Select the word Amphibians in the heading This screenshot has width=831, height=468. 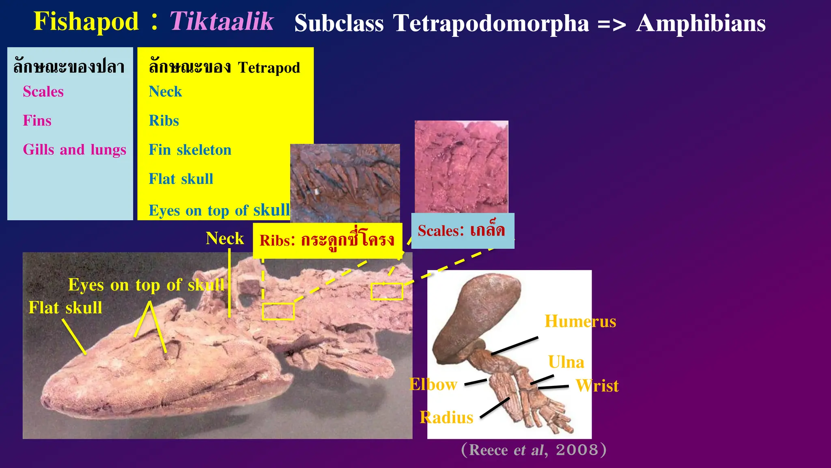tap(701, 23)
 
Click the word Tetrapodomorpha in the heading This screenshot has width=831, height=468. tap(491, 23)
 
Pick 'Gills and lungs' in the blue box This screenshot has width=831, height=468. tap(74, 149)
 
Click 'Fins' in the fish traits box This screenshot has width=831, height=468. tap(37, 121)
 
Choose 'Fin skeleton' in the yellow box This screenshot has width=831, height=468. tap(190, 150)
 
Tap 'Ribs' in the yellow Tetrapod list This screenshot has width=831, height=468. tap(164, 121)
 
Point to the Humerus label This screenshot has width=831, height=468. tap(580, 321)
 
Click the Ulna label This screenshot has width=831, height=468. tap(566, 362)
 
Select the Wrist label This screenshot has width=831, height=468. tap(597, 386)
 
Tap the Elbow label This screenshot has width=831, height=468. tap(433, 384)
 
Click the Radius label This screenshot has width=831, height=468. tap(446, 418)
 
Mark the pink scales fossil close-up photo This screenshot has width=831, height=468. tap(461, 167)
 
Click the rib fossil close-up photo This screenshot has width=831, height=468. tap(345, 183)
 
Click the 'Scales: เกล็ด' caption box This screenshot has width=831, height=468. tap(462, 231)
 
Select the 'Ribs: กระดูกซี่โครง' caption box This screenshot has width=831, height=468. tap(327, 240)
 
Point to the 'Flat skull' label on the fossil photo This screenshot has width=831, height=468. tap(65, 308)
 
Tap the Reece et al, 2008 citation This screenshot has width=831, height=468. tap(534, 450)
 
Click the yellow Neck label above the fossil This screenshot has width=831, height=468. tap(224, 238)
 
